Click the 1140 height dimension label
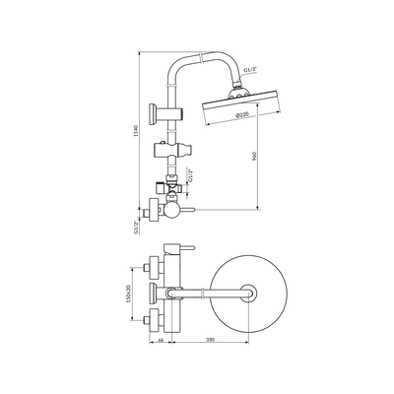pos(137,131)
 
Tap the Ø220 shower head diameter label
pos(242,114)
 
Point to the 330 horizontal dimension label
pos(210,339)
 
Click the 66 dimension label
pos(161,339)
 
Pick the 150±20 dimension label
pos(129,293)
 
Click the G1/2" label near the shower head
pos(250,70)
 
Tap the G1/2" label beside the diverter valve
pos(189,175)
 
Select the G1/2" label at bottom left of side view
pos(136,228)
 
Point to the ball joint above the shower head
pos(237,93)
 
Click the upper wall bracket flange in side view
pos(154,114)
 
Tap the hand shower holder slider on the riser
pos(172,150)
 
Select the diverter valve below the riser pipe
pos(171,186)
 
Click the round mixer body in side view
pos(172,211)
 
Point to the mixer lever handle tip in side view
pos(193,209)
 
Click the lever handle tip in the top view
pos(193,247)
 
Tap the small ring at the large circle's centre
pos(248,293)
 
